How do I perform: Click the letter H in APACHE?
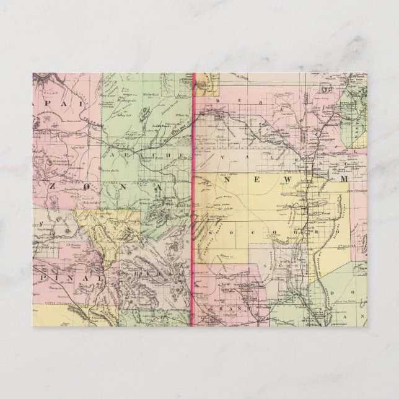pyautogui.click(x=169, y=152)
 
